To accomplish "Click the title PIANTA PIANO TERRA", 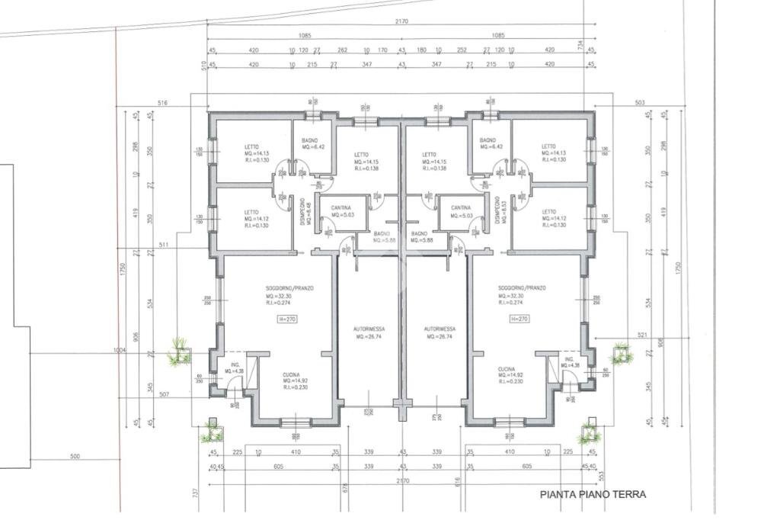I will pyautogui.click(x=593, y=494).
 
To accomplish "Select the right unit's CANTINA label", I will pyautogui.click(x=460, y=207).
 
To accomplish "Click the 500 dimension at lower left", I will pyautogui.click(x=75, y=457).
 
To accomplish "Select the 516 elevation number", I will pyautogui.click(x=161, y=101).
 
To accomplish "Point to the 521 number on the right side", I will pyautogui.click(x=620, y=335).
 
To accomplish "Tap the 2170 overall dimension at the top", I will pyautogui.click(x=401, y=21).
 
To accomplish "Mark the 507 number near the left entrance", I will pyautogui.click(x=163, y=395).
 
